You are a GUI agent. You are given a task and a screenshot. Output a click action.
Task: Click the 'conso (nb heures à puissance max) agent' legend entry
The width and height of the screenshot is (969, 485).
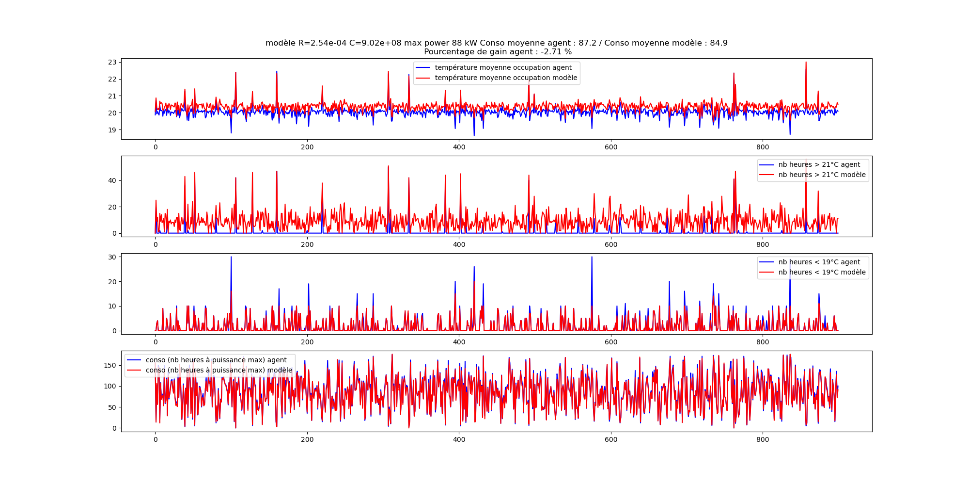click(x=216, y=360)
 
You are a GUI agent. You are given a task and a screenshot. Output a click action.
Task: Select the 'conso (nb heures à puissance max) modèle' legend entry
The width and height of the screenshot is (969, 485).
click(x=219, y=370)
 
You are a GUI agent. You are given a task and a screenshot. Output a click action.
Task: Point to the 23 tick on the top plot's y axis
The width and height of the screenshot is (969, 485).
click(x=112, y=62)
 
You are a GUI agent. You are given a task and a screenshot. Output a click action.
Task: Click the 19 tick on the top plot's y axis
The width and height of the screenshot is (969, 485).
click(x=112, y=130)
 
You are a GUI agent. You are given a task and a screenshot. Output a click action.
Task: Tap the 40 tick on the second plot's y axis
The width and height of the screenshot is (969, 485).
click(x=112, y=180)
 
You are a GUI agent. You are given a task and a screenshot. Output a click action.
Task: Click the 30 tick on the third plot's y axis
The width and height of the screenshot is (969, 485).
click(x=112, y=257)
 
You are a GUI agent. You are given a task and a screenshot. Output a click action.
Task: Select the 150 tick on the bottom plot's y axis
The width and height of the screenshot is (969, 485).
click(x=110, y=365)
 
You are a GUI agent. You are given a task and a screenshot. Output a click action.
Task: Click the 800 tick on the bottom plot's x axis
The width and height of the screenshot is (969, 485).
click(x=763, y=439)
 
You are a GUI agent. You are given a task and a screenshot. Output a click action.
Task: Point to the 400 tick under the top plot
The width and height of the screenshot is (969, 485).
click(x=459, y=147)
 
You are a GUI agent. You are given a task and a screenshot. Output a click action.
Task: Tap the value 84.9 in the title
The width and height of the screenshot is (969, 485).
click(x=719, y=43)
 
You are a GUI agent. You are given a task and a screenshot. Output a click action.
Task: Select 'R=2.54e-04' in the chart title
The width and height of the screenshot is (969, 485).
click(x=322, y=43)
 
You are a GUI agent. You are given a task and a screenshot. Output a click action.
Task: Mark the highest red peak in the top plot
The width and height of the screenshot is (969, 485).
click(x=806, y=62)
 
